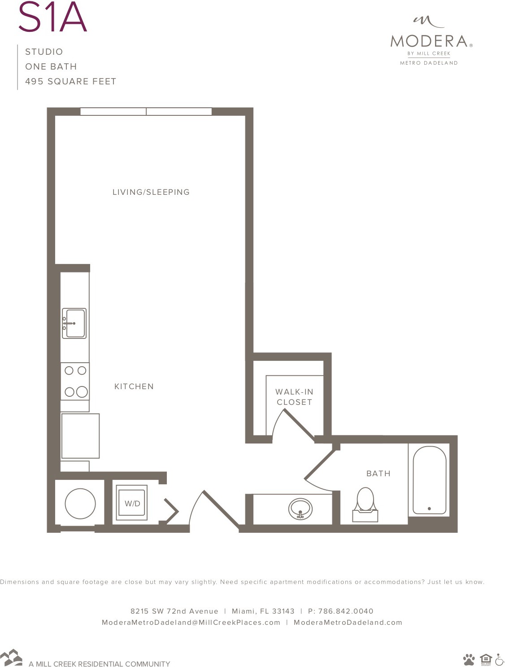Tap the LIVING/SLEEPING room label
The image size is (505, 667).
pyautogui.click(x=151, y=192)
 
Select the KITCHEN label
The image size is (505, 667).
pyautogui.click(x=134, y=386)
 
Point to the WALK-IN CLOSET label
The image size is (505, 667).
pyautogui.click(x=294, y=397)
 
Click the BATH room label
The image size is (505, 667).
pyautogui.click(x=378, y=474)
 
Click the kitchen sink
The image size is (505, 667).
pyautogui.click(x=74, y=323)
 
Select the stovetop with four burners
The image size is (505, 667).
pyautogui.click(x=75, y=381)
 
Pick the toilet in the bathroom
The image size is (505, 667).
pyautogui.click(x=365, y=505)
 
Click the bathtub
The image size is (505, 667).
pyautogui.click(x=429, y=480)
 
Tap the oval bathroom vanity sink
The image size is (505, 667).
pyautogui.click(x=300, y=509)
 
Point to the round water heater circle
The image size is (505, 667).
pyautogui.click(x=80, y=504)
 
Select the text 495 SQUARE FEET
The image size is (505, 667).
pyautogui.click(x=70, y=81)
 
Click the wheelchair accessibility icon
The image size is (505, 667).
pyautogui.click(x=500, y=659)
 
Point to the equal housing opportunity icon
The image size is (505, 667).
pyautogui.click(x=486, y=659)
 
